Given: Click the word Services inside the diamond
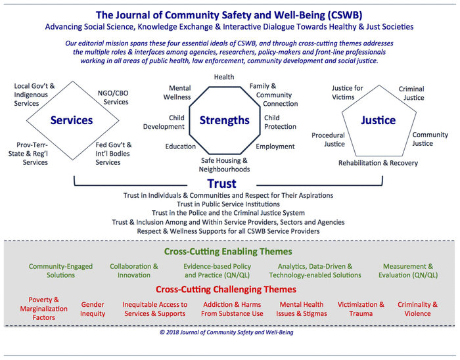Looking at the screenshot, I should (72, 121).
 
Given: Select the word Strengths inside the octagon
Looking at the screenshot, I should (225, 120).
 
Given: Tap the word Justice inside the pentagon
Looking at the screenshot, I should (378, 121).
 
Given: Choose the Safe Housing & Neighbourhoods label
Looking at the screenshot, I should (225, 165).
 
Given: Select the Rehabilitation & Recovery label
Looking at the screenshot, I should (378, 163).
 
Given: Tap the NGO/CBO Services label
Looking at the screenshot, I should (112, 98).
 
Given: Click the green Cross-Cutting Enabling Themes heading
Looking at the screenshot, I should (227, 252).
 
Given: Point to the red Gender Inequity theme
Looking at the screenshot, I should (93, 309).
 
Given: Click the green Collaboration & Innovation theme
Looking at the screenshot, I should (134, 271).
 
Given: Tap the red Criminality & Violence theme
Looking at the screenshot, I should (417, 309).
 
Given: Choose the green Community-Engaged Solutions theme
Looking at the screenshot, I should (60, 271).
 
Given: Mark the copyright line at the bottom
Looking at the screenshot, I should (227, 332).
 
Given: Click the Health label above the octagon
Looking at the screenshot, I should (223, 78).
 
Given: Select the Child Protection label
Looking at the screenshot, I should (280, 122).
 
